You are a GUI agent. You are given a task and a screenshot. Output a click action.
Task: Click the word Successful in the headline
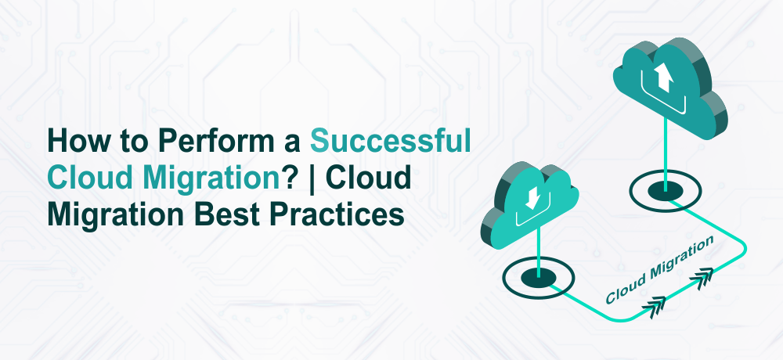391,142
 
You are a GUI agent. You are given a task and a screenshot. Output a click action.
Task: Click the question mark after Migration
288,178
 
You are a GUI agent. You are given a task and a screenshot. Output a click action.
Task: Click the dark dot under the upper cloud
665,191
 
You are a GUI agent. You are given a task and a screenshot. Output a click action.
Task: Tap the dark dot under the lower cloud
538,277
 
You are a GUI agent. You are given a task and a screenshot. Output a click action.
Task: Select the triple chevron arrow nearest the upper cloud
702,278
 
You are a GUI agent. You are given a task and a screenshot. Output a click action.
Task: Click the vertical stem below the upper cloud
665,154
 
